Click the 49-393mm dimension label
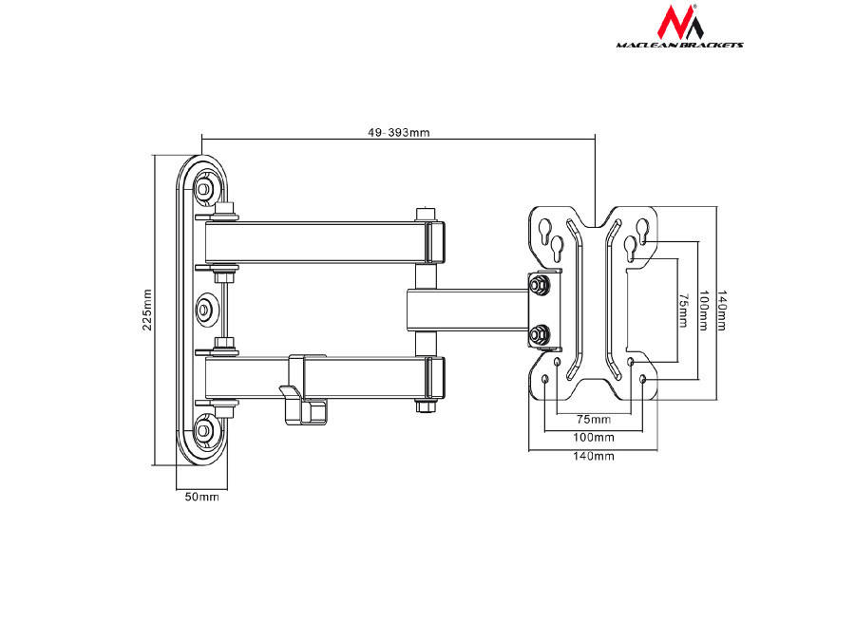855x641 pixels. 399,133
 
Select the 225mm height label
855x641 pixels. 146,310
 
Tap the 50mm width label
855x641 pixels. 201,497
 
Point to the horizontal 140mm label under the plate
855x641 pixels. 595,456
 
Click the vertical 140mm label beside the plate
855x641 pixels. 722,311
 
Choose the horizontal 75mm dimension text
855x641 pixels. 595,418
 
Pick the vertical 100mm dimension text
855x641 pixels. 702,311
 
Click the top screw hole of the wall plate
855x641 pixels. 204,188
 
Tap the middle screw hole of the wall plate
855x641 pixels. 205,310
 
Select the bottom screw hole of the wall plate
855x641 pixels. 204,430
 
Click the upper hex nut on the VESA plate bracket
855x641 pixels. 540,284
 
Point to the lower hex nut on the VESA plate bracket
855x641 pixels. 540,333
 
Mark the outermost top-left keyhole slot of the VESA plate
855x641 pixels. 546,231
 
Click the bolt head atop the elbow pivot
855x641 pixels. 425,214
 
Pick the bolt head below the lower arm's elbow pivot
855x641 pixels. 425,407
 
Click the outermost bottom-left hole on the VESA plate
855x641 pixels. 545,380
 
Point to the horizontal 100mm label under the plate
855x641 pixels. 595,437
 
